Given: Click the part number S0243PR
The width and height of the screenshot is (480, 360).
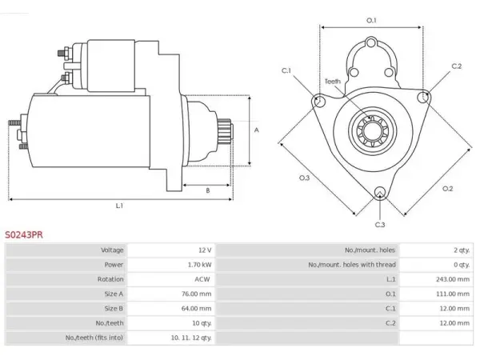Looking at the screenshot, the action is coord(24,234).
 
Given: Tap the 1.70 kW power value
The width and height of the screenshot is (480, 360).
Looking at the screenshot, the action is coord(199,265).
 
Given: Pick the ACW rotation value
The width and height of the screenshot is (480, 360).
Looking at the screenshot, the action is coord(202,279).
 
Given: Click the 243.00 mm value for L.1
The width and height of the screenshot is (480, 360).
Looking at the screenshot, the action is coord(453,279).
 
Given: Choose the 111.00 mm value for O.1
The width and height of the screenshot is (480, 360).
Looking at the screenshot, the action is coord(453,294).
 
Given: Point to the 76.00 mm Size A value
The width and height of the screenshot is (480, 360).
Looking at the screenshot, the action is coord(196,294).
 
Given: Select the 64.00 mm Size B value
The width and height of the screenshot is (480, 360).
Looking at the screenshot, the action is coord(196,308).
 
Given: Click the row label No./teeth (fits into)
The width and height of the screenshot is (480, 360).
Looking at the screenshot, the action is coord(94,338).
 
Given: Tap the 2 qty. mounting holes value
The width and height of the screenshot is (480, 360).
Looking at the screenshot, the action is coord(462,250).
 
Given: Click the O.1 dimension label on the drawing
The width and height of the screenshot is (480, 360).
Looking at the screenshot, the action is coord(371,21).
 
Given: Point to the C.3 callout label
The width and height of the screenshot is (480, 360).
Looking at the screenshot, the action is coord(380,225).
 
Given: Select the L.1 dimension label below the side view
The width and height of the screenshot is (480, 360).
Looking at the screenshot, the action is coord(119,206).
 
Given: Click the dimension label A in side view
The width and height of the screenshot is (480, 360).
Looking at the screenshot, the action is coord(257,130).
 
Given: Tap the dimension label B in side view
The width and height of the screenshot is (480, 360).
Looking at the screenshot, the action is coord(207,190).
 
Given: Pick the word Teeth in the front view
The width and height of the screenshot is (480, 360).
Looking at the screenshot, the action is coord(333,82).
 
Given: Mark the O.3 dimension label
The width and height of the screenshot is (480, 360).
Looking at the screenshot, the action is coord(304,178).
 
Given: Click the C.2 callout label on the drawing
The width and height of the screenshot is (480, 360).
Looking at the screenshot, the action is coord(457,66).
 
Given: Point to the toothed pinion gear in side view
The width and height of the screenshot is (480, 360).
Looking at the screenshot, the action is coord(224,131).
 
